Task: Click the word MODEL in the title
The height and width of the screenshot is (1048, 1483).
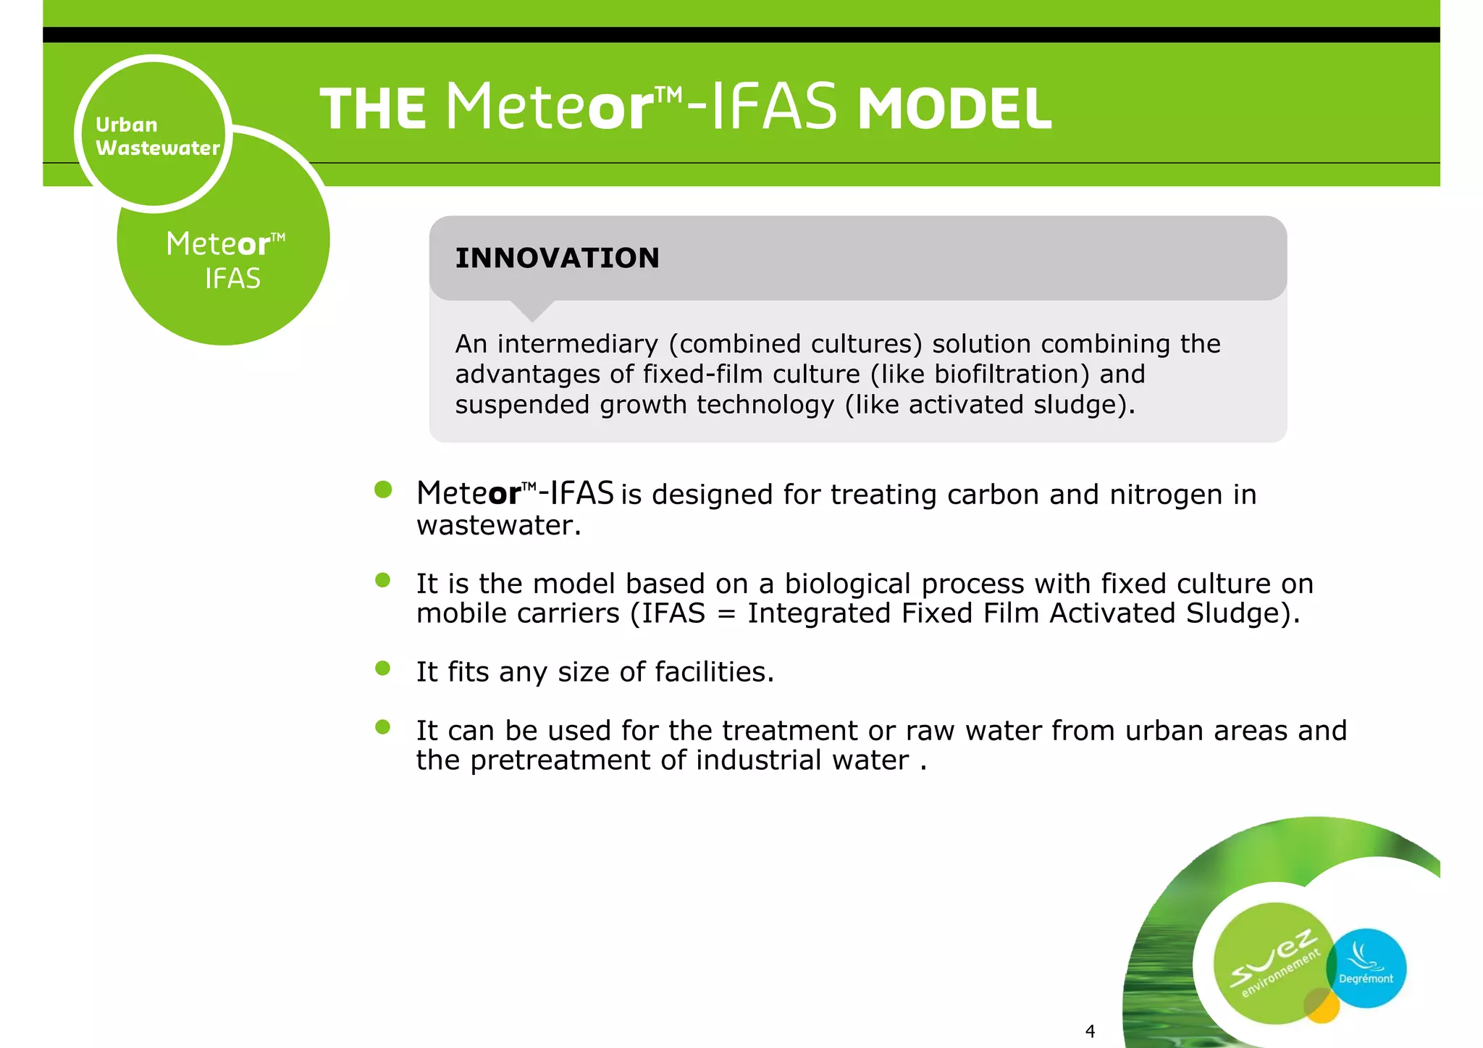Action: tap(954, 109)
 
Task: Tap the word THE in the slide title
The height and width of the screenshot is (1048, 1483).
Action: tap(373, 109)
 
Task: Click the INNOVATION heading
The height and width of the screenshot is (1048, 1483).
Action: tap(557, 258)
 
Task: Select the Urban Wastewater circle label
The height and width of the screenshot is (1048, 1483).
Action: tap(154, 135)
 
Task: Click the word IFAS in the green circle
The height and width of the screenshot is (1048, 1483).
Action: tap(232, 279)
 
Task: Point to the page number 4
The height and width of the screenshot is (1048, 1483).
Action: tap(1090, 1031)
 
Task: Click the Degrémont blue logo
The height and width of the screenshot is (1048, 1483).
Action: tap(1366, 968)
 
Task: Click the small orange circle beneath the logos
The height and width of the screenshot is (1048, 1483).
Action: tap(1322, 1006)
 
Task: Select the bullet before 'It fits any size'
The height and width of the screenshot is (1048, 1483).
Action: tap(383, 668)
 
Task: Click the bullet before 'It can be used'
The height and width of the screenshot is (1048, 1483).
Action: tap(383, 726)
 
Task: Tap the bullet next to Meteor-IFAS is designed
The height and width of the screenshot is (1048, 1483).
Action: tap(383, 490)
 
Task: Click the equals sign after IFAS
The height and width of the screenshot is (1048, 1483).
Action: tap(726, 614)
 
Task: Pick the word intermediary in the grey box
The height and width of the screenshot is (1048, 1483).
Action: tap(578, 344)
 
